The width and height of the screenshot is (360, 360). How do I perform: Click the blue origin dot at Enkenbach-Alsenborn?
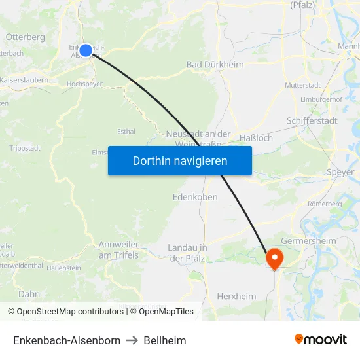[x=85, y=50]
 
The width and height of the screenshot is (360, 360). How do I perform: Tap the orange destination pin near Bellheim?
[x=273, y=258]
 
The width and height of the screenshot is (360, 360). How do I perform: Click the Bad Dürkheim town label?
[x=215, y=65]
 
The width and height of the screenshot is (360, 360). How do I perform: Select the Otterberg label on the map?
[x=25, y=37]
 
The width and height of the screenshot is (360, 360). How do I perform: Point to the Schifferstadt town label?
[x=312, y=121]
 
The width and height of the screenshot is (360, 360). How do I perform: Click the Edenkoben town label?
[x=195, y=196]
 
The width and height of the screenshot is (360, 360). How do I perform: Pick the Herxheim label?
[x=236, y=296]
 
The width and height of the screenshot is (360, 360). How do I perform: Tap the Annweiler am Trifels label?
[x=118, y=249]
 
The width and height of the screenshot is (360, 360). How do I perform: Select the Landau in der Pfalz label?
[x=187, y=253]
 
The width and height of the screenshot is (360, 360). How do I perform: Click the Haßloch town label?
[x=257, y=138]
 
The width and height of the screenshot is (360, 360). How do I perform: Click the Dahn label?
[x=29, y=294]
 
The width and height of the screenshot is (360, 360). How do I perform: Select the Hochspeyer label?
[x=86, y=84]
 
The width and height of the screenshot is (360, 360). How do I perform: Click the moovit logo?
[x=320, y=340]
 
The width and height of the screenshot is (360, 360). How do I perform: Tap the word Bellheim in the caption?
[x=165, y=340]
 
